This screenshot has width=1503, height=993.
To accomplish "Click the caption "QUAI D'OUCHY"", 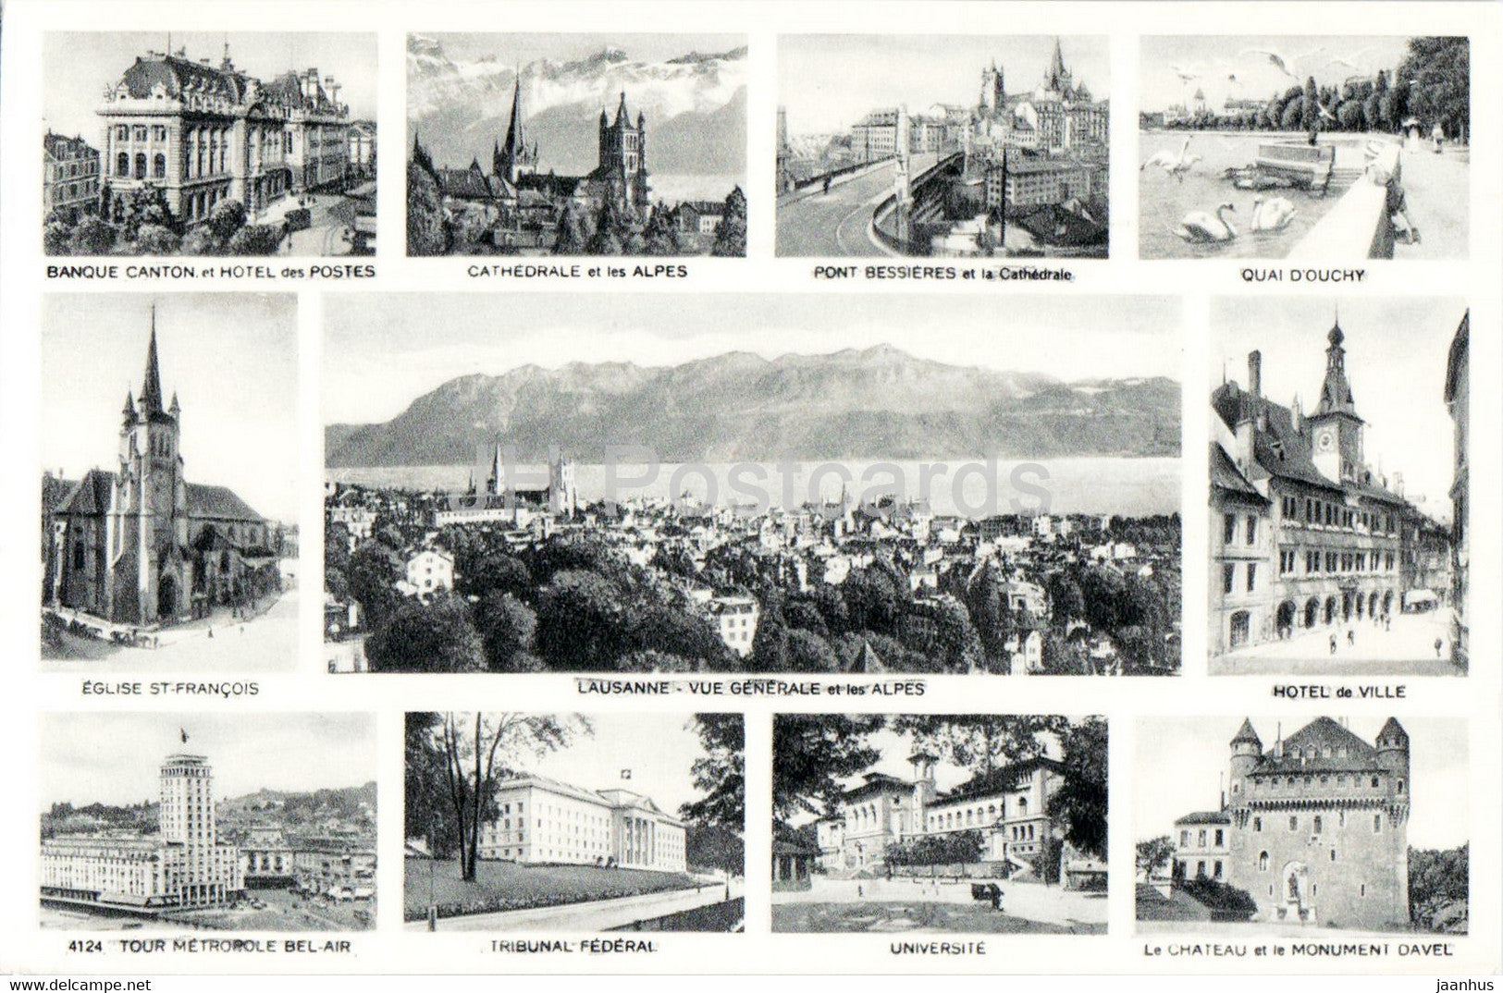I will tap(1303, 276).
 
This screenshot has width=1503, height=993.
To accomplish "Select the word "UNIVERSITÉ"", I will tap(940, 948).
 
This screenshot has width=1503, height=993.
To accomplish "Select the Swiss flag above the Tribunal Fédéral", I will tap(626, 773).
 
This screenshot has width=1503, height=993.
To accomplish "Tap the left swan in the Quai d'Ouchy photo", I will tap(1207, 225).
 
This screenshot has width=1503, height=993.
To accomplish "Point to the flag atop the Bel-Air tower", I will tap(183, 735).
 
